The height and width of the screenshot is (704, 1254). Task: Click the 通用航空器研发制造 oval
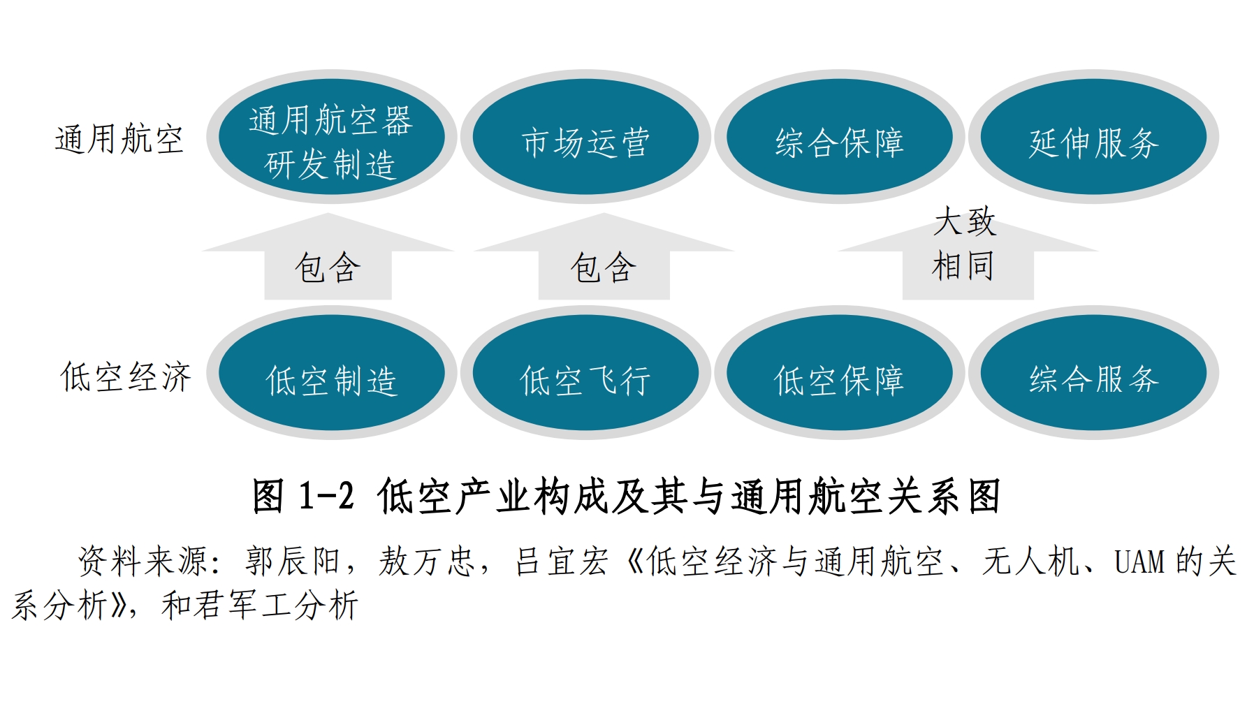pos(331,137)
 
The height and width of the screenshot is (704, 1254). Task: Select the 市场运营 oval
pos(585,137)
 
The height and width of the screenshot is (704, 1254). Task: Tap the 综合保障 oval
pos(840,137)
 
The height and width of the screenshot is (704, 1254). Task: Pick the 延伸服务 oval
pos(1093,137)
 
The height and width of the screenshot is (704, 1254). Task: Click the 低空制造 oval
pos(331,373)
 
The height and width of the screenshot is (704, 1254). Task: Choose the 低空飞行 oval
pos(585,373)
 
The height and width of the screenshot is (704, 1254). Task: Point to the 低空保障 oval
pos(840,373)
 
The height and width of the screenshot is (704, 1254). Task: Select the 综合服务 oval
pos(1093,373)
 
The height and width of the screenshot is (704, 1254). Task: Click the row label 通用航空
pos(119,138)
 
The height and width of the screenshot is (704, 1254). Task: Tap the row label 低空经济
pos(126,377)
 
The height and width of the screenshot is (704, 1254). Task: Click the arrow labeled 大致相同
pos(968,256)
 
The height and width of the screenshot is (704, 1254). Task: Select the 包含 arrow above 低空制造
pos(328,256)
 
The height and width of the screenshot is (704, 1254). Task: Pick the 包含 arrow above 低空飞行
pos(604,256)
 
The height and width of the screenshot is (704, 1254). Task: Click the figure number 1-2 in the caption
pos(326,497)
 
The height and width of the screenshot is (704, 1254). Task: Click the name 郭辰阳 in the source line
pos(292,562)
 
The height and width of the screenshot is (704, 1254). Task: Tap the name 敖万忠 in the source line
pos(427,562)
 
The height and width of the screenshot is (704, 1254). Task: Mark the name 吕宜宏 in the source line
pos(562,562)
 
